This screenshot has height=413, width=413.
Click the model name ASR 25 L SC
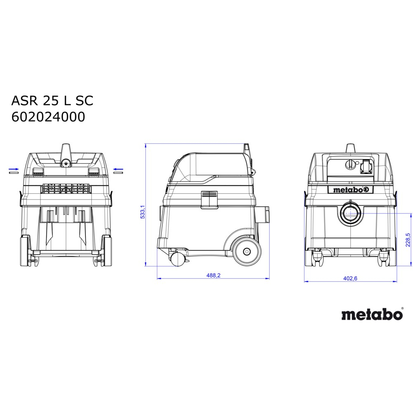pyautogui.click(x=52, y=101)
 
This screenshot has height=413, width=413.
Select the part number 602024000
pyautogui.click(x=48, y=117)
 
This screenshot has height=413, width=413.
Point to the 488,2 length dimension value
pyautogui.click(x=214, y=275)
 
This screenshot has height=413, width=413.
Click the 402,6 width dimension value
pyautogui.click(x=350, y=278)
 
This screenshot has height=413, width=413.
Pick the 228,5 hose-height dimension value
pyautogui.click(x=408, y=240)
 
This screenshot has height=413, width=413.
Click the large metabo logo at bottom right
pyautogui.click(x=372, y=314)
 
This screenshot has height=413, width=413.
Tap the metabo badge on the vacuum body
pyautogui.click(x=350, y=190)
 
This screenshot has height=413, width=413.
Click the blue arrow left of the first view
pyautogui.click(x=14, y=169)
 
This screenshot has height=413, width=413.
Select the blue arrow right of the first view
pyautogui.click(x=118, y=169)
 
